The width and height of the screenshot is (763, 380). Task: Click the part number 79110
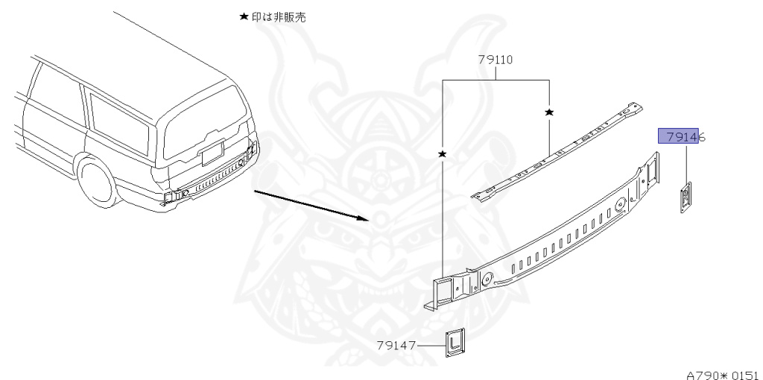point(496,60)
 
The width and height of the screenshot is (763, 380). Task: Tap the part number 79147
point(396,345)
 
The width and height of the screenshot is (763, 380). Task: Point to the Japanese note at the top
point(277,17)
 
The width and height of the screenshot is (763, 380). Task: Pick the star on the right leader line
point(549,112)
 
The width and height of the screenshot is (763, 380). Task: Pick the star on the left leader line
point(443,153)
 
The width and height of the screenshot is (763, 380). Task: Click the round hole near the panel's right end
point(618,201)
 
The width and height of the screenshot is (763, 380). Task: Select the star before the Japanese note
point(243,17)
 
